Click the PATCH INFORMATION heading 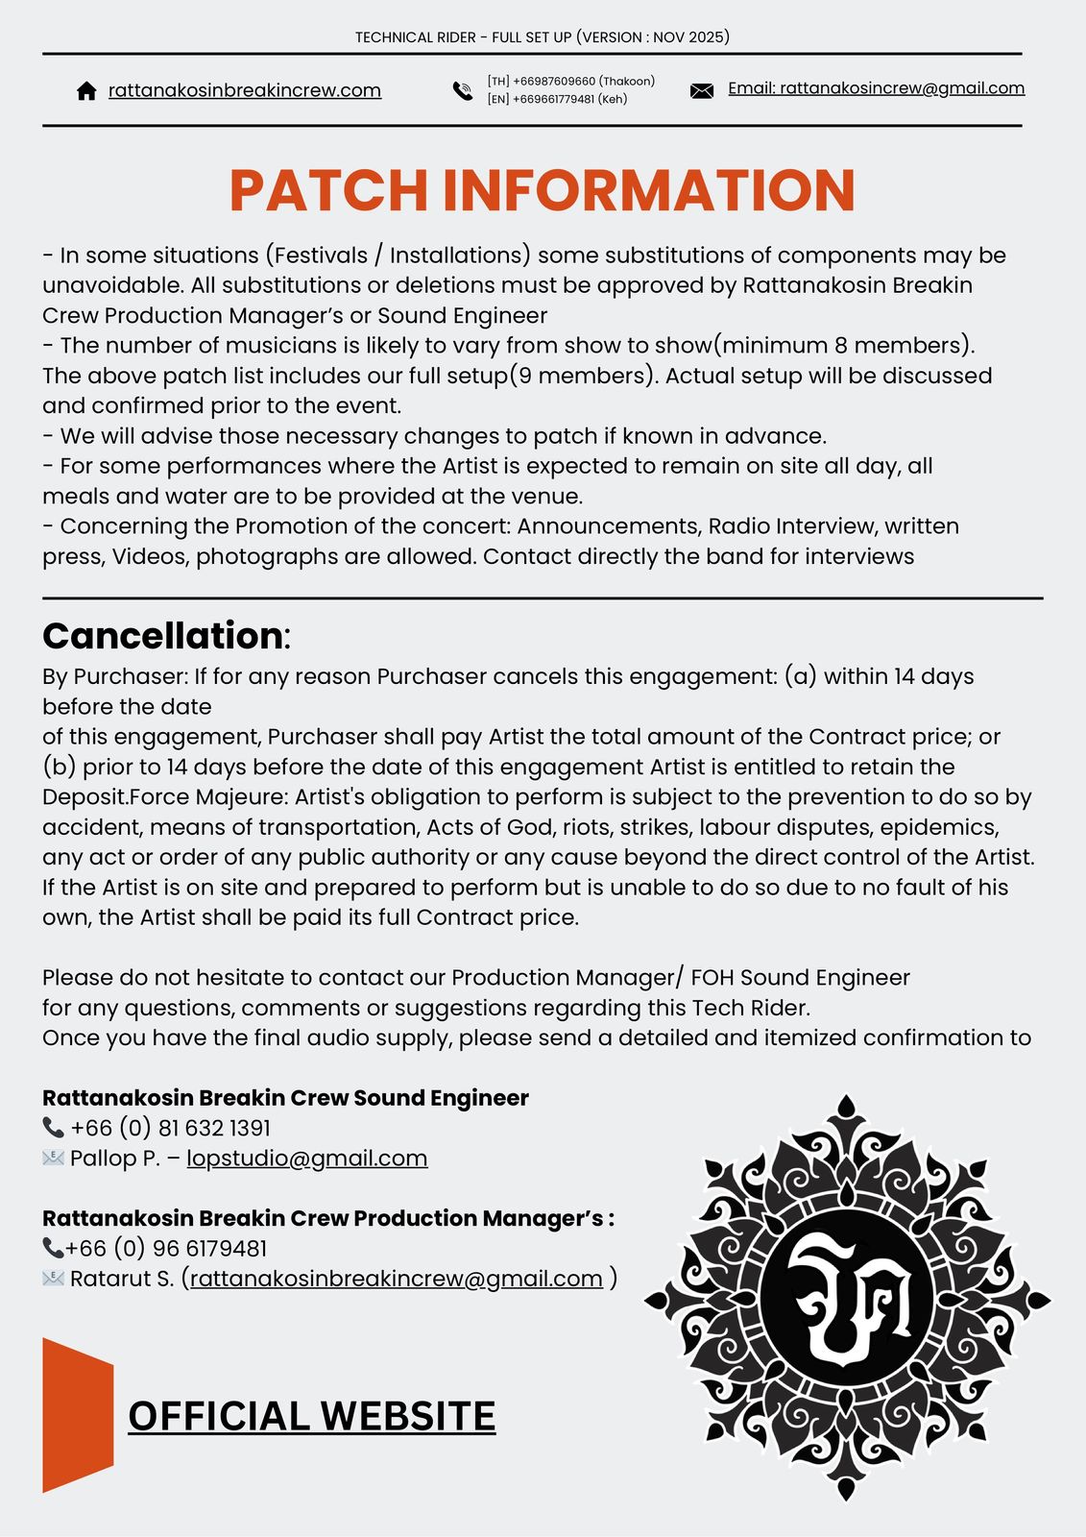point(543,190)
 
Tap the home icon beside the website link point(86,91)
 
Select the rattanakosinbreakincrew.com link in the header point(245,90)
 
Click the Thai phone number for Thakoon point(571,81)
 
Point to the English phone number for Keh point(557,99)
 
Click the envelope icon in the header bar point(702,91)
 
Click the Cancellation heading point(163,636)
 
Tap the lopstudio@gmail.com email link point(307,1159)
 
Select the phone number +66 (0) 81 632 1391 point(170,1128)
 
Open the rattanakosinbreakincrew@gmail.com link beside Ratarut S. point(397,1279)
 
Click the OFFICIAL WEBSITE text point(311,1416)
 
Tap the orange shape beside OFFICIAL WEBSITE point(78,1415)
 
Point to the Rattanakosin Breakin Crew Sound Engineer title point(285,1098)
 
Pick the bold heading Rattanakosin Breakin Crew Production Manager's point(327,1218)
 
